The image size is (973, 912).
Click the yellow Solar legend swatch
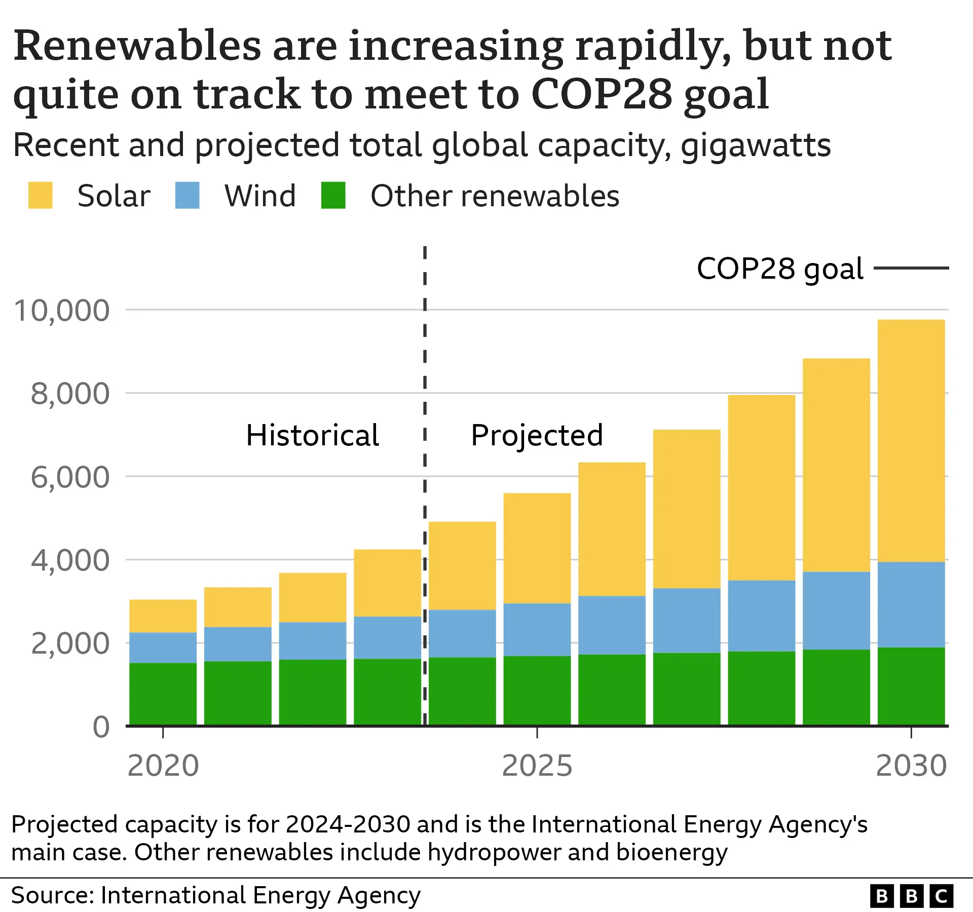coord(40,195)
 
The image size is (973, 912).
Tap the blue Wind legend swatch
coord(187,195)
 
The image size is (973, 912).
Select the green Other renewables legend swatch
coord(333,195)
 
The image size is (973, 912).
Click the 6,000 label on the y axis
coord(70,477)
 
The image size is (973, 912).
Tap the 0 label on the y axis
coord(101,727)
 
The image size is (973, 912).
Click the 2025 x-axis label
coord(537,766)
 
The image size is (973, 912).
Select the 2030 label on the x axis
coord(911,766)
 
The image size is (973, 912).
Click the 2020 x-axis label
coord(163,766)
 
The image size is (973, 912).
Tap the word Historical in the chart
coord(312,435)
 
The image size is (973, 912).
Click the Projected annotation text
coord(537,435)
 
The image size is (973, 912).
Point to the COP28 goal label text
coord(779,269)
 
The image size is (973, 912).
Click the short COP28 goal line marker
coord(911,268)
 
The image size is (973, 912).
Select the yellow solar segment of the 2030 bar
coord(911,441)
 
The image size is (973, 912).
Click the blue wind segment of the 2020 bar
coord(163,648)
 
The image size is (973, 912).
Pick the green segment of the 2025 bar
coord(537,691)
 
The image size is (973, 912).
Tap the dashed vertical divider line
coord(425,355)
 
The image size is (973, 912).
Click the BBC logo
coord(911,896)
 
